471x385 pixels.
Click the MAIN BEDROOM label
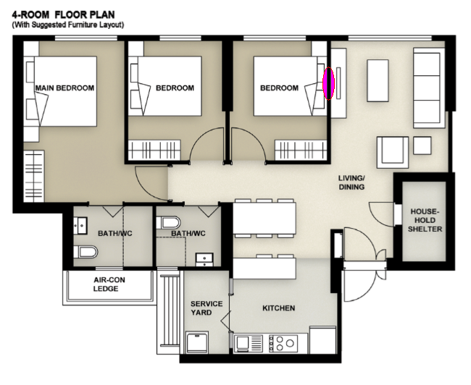[64, 88]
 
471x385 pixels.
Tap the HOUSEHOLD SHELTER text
[425, 220]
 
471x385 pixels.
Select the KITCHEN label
[278, 308]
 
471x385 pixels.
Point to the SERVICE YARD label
[207, 308]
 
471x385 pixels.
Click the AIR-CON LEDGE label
[109, 284]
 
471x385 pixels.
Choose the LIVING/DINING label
[351, 182]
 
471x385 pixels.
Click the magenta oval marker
[328, 83]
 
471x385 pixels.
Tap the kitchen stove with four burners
[283, 343]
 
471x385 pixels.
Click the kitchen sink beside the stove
[248, 343]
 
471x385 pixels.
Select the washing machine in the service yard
[197, 342]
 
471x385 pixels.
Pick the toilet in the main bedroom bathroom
[86, 252]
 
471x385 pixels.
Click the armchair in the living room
[393, 152]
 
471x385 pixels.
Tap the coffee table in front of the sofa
[378, 80]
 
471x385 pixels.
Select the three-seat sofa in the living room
[429, 88]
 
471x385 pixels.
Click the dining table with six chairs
[264, 218]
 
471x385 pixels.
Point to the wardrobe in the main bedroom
[34, 176]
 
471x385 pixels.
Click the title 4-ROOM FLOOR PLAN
[63, 14]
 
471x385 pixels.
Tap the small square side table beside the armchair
[422, 145]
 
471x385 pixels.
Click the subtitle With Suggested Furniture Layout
[68, 25]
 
